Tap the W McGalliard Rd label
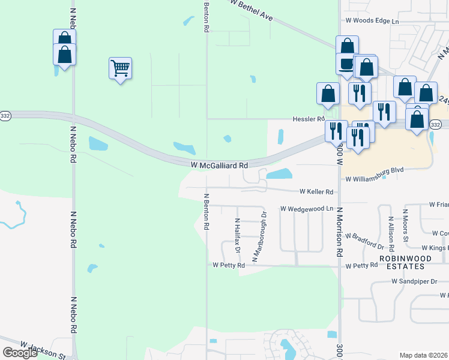pos(219,165)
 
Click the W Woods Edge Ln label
pos(372,21)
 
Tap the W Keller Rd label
pos(316,192)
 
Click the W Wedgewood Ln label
pos(306,209)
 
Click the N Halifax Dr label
pos(237,236)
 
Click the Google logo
pos(19,353)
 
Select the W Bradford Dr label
pos(364,241)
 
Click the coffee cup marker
pos(347,64)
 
